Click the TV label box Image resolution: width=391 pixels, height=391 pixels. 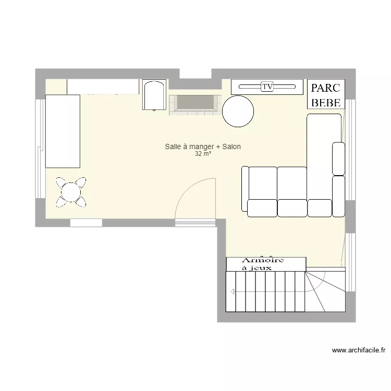pyautogui.click(x=267, y=87)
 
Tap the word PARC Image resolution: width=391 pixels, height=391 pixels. pyautogui.click(x=326, y=88)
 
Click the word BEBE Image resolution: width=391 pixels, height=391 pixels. pyautogui.click(x=326, y=102)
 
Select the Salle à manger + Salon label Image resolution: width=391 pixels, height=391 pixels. pyautogui.click(x=202, y=147)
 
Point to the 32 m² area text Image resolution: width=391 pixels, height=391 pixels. pyautogui.click(x=203, y=154)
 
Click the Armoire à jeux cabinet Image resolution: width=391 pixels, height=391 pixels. pyautogui.click(x=265, y=264)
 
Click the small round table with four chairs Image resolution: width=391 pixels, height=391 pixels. pyautogui.click(x=71, y=192)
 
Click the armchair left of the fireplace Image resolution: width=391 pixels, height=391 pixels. pyautogui.click(x=154, y=95)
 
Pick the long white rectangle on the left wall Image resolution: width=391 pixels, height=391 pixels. pyautogui.click(x=63, y=131)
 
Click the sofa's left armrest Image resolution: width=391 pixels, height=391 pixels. pyautogui.click(x=245, y=189)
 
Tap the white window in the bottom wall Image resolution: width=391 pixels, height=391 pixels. pyautogui.click(x=86, y=223)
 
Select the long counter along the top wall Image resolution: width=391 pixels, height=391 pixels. pyautogui.click(x=103, y=87)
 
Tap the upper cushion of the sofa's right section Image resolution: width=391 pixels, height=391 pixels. pyautogui.click(x=338, y=158)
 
